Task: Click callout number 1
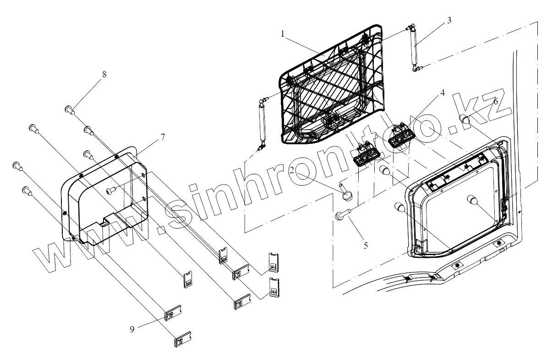pos(283,34)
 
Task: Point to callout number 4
pos(442,92)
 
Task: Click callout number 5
pos(366,245)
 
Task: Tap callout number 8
pos(104,75)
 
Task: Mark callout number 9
pos(132,329)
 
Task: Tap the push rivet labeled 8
pos(70,109)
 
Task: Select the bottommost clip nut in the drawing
pos(182,339)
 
